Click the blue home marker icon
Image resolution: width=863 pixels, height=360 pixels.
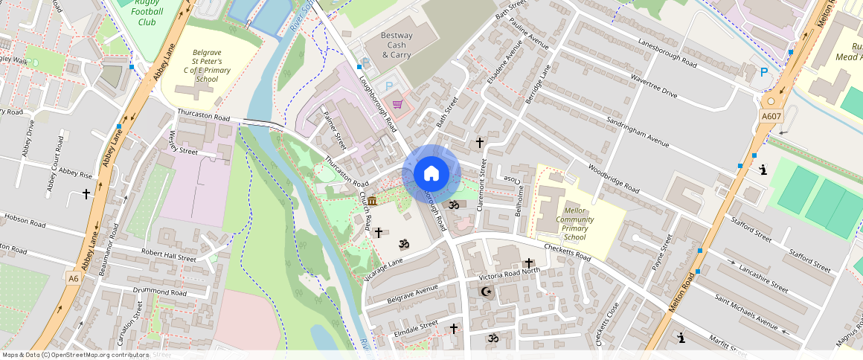[431, 174]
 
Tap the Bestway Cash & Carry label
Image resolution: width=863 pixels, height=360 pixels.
[396, 45]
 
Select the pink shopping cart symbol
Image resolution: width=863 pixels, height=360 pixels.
[397, 103]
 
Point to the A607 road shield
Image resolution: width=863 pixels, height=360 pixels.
[771, 116]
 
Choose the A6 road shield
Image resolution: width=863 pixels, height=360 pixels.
[73, 278]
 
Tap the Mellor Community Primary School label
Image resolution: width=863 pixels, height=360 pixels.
[574, 219]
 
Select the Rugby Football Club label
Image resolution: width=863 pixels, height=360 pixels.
[147, 12]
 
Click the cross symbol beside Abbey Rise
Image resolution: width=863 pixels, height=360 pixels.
[86, 194]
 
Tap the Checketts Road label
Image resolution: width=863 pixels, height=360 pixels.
[567, 253]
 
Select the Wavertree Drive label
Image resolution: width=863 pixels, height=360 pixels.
[654, 88]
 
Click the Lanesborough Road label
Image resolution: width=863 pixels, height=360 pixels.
[664, 52]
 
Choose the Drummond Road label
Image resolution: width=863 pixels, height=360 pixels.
[159, 292]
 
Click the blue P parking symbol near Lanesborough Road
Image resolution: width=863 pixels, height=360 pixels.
[763, 72]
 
